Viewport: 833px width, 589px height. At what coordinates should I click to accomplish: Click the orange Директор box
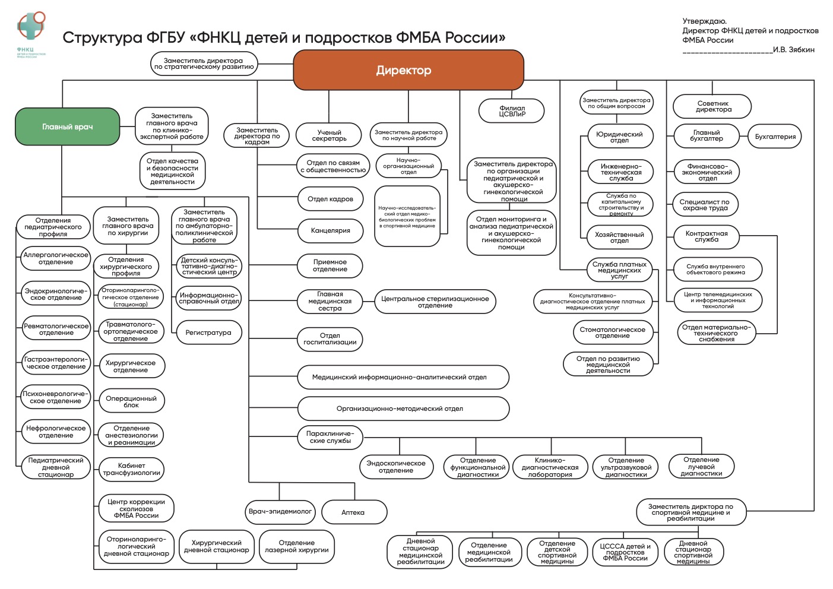click(408, 70)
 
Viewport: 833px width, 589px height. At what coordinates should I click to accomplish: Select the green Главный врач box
click(67, 126)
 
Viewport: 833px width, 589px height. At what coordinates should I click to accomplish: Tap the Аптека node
click(354, 512)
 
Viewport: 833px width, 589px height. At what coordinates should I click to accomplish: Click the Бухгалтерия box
click(775, 137)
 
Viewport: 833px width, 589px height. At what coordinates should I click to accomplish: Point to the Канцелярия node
click(330, 230)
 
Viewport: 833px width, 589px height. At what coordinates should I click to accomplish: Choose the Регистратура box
click(208, 332)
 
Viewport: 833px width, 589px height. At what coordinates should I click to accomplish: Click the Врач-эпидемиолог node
click(280, 511)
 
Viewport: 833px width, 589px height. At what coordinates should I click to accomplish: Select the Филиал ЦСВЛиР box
click(512, 111)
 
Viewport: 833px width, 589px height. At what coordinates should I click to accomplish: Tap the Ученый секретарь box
click(329, 135)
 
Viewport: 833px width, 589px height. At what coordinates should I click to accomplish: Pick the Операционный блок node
click(131, 402)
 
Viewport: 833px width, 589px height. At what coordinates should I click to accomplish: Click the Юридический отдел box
click(619, 137)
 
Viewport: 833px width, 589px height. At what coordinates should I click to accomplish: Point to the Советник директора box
click(712, 106)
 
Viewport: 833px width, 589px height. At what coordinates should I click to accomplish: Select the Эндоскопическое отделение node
click(396, 467)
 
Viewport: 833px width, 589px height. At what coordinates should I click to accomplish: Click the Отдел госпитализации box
click(330, 339)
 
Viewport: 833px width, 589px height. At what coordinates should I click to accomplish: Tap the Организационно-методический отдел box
click(403, 408)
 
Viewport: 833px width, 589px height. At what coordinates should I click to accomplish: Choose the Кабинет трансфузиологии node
click(131, 469)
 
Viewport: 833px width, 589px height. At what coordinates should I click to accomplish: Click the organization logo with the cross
click(30, 27)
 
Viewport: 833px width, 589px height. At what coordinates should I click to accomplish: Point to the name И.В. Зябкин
click(793, 50)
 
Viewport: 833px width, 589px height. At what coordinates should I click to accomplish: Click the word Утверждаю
click(704, 21)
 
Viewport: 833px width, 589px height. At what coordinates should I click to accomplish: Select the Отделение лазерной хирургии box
click(296, 546)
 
